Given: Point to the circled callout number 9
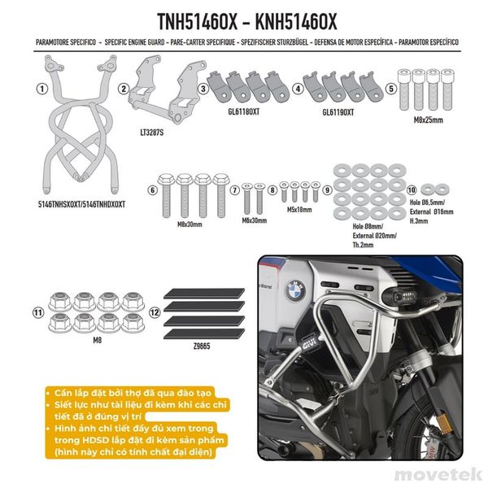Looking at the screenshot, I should coord(327,190).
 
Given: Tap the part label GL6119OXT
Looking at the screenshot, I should coord(338,114).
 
